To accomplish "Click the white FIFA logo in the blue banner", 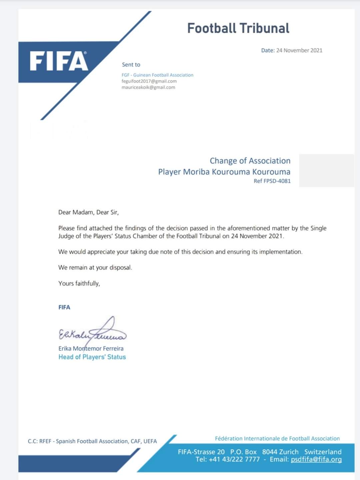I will [x=59, y=61].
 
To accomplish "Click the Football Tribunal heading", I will [x=238, y=28].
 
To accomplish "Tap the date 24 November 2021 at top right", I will [x=299, y=50].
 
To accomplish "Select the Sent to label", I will [x=131, y=65].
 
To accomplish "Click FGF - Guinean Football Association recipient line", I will [x=157, y=75].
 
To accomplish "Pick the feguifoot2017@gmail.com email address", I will [x=149, y=81].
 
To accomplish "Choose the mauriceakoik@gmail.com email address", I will [x=148, y=87].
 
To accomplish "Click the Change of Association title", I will [x=250, y=161].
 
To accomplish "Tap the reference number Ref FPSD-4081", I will [x=272, y=181].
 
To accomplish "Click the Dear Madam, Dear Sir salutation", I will [x=88, y=212].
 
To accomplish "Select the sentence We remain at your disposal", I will [x=95, y=268].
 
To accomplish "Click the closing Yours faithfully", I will [x=79, y=284].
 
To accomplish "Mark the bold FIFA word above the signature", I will [x=64, y=307].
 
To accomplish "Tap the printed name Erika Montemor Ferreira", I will [x=91, y=349].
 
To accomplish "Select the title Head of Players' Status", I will [x=92, y=357].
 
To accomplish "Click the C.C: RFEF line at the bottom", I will [x=92, y=441].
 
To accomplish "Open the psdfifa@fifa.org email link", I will [x=316, y=459].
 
